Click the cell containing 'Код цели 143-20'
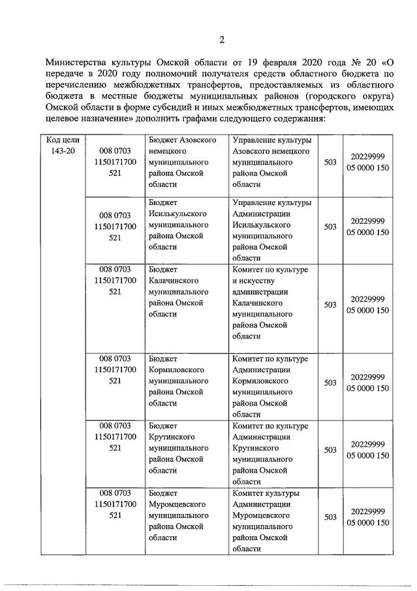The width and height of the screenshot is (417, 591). (x=63, y=146)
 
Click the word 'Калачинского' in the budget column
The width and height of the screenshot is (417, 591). (x=174, y=281)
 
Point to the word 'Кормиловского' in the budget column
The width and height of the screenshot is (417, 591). (x=177, y=370)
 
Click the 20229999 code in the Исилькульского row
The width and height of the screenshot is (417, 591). (x=368, y=221)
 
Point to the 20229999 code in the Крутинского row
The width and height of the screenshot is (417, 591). (x=368, y=443)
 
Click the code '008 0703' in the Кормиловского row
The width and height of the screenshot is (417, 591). (x=115, y=358)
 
